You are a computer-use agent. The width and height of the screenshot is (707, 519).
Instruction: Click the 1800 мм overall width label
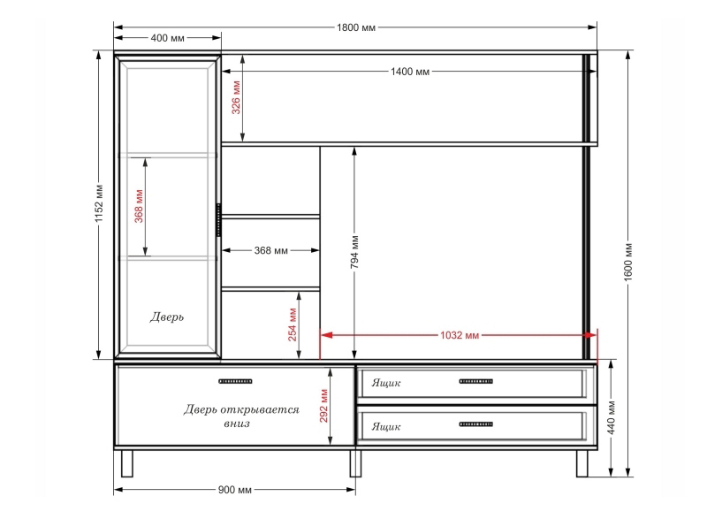click(356, 27)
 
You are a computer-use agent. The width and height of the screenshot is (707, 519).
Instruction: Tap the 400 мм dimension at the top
click(167, 38)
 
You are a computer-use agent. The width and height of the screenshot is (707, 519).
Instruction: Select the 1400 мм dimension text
click(410, 72)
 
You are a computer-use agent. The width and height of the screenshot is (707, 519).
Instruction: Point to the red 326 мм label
click(236, 97)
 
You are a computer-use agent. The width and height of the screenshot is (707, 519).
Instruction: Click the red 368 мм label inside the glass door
click(139, 206)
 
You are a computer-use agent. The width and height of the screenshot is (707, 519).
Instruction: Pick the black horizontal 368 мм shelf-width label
click(270, 250)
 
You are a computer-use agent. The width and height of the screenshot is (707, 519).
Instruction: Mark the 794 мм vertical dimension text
click(354, 252)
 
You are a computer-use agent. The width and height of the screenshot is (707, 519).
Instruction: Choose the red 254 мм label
click(293, 324)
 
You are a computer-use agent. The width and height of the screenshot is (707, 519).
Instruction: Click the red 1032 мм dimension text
click(460, 335)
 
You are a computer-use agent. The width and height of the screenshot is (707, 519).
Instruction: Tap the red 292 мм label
click(323, 406)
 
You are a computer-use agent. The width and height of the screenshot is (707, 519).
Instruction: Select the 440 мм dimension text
click(612, 417)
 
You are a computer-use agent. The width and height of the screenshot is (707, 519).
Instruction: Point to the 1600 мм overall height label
click(628, 262)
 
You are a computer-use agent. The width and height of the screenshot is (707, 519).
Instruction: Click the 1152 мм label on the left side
click(99, 202)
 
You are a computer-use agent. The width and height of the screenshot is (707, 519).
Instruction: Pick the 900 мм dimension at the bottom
click(234, 490)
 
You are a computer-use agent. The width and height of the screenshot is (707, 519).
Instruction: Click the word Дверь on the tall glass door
click(167, 317)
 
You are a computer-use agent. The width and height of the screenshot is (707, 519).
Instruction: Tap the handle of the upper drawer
click(475, 381)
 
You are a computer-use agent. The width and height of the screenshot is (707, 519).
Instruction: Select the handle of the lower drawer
click(475, 424)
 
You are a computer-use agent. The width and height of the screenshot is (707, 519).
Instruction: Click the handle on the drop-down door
click(235, 381)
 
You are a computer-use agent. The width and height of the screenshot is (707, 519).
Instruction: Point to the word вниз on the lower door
click(237, 424)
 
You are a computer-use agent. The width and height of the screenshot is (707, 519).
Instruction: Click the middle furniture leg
click(356, 463)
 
